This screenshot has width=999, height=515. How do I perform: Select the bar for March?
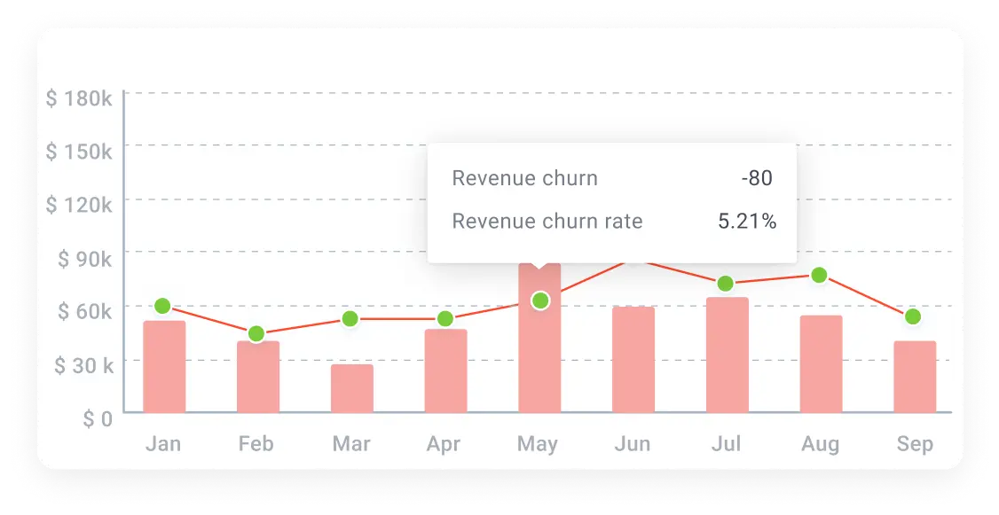click(x=352, y=388)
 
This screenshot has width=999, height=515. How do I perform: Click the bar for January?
click(x=164, y=366)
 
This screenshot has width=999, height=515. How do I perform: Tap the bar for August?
click(x=821, y=363)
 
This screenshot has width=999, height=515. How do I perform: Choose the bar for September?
click(x=915, y=377)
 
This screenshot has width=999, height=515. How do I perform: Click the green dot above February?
click(x=256, y=334)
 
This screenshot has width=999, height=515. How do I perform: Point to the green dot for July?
click(x=726, y=284)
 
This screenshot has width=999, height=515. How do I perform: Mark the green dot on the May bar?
click(x=540, y=301)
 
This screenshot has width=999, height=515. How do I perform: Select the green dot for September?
click(x=913, y=316)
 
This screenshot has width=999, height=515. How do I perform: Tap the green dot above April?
click(x=445, y=318)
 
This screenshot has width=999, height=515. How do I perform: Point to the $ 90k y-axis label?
click(x=84, y=259)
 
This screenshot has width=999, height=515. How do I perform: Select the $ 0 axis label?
click(x=98, y=419)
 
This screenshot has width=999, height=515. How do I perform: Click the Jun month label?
click(x=633, y=443)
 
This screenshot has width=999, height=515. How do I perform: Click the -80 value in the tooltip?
click(x=757, y=178)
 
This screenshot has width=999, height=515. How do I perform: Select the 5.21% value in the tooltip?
click(x=747, y=222)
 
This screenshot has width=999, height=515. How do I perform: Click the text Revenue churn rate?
click(x=547, y=222)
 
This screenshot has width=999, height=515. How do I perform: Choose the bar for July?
click(x=728, y=355)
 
